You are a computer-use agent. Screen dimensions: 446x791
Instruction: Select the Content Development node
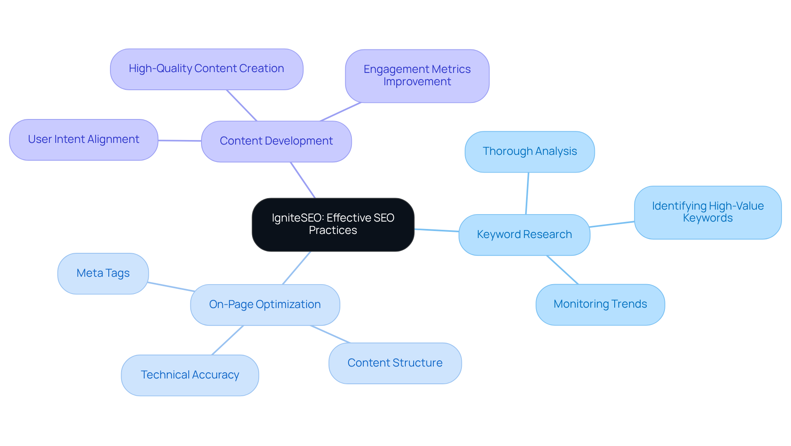[276, 141]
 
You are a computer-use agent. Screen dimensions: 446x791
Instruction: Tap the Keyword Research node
[524, 234]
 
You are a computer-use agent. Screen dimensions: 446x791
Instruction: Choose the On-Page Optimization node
[265, 304]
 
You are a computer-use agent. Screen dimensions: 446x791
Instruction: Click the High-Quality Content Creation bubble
[206, 69]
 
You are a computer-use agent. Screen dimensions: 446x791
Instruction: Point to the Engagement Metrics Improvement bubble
[417, 76]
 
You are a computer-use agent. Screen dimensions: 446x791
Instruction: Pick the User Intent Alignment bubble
[84, 140]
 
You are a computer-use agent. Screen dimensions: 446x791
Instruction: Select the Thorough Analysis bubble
[529, 152]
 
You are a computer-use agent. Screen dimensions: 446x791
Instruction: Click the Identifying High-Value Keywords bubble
[707, 212]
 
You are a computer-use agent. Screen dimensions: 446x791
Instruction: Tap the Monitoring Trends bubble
[600, 304]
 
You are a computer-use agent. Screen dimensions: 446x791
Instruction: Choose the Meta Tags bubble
[103, 273]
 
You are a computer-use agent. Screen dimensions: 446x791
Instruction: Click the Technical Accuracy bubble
[190, 375]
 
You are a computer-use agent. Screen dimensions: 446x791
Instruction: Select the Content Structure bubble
[395, 363]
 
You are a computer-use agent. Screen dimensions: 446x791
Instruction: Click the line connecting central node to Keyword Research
[436, 230]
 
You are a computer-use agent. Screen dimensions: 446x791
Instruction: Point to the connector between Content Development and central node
[303, 180]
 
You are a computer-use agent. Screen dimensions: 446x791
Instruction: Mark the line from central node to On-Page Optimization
[297, 268]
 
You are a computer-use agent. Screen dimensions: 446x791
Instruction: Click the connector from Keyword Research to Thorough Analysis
[527, 193]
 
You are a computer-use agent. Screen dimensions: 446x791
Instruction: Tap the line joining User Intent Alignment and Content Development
[180, 140]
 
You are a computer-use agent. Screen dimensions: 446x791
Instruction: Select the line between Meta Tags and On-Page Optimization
[171, 287]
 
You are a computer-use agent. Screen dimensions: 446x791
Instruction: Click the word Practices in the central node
[333, 230]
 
